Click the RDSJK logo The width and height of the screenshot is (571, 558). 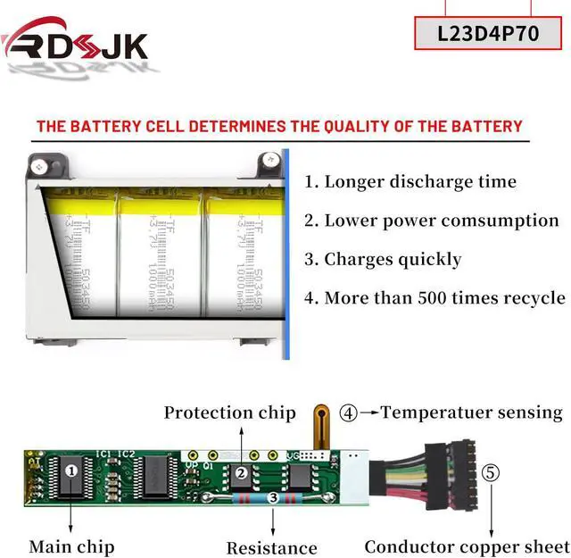tap(75, 41)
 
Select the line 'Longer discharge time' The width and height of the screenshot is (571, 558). tap(410, 182)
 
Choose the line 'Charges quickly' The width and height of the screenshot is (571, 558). tap(383, 260)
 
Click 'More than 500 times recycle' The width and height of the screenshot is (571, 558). tap(434, 298)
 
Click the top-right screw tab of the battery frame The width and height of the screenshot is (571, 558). tap(269, 162)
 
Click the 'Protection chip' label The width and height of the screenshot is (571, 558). tap(229, 412)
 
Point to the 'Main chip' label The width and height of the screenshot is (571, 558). tap(71, 546)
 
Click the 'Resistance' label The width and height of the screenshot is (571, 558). tap(271, 547)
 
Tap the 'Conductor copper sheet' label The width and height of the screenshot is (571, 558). tap(467, 546)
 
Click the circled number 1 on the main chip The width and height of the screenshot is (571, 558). tap(72, 467)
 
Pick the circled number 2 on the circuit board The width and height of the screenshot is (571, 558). tap(240, 472)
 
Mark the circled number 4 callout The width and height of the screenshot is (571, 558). tap(348, 413)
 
